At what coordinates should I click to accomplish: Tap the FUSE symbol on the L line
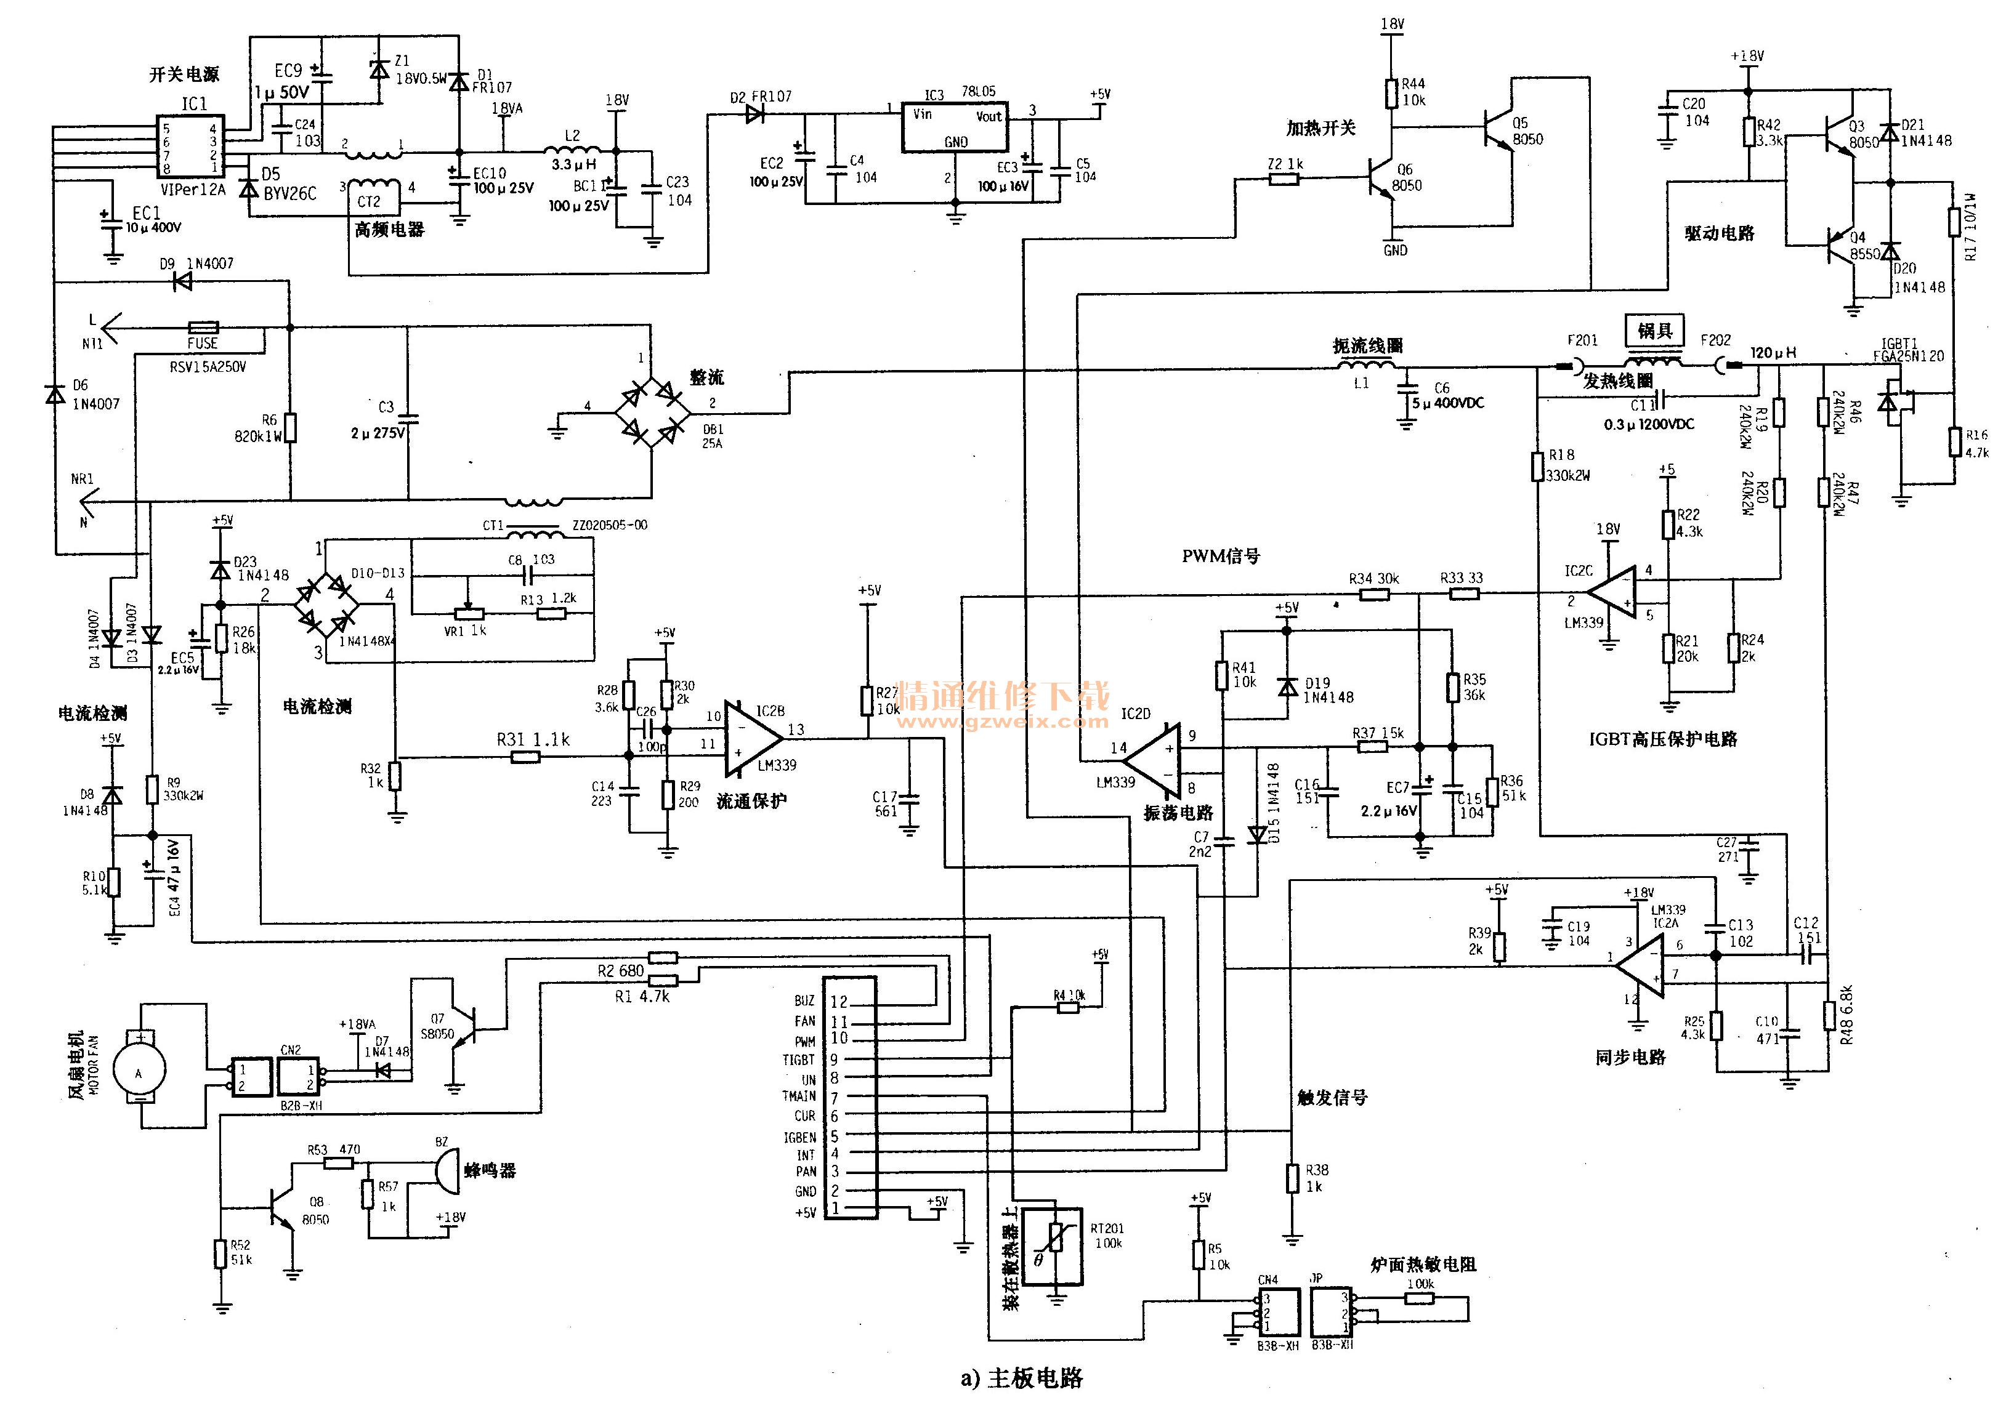pyautogui.click(x=203, y=328)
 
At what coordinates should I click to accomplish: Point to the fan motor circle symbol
pyautogui.click(x=138, y=1072)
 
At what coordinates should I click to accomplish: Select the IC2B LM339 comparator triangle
pyautogui.click(x=751, y=738)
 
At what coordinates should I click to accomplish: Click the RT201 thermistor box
pyautogui.click(x=1052, y=1245)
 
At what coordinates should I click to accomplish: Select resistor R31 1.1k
pyautogui.click(x=525, y=757)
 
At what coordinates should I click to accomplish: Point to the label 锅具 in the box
pyautogui.click(x=1654, y=330)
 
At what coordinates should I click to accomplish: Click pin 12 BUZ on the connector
pyautogui.click(x=839, y=1002)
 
